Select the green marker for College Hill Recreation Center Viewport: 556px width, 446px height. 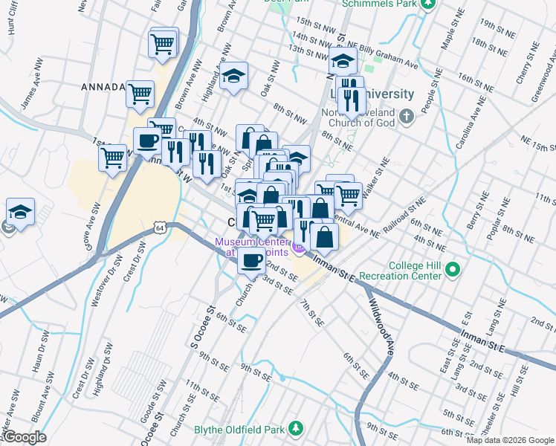pyautogui.click(x=453, y=269)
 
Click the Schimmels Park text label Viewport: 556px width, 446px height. pyautogui.click(x=377, y=4)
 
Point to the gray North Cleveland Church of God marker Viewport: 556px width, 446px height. pyautogui.click(x=406, y=117)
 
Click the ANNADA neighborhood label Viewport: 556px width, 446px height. pyautogui.click(x=103, y=87)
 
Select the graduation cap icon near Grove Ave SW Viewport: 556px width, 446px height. pyautogui.click(x=20, y=211)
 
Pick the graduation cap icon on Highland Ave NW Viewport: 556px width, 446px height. pyautogui.click(x=233, y=77)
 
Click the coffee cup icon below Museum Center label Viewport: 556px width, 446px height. pyautogui.click(x=251, y=260)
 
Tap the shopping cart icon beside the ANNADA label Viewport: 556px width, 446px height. pyautogui.click(x=140, y=94)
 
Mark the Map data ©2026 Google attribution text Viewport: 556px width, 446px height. pyautogui.click(x=510, y=440)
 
